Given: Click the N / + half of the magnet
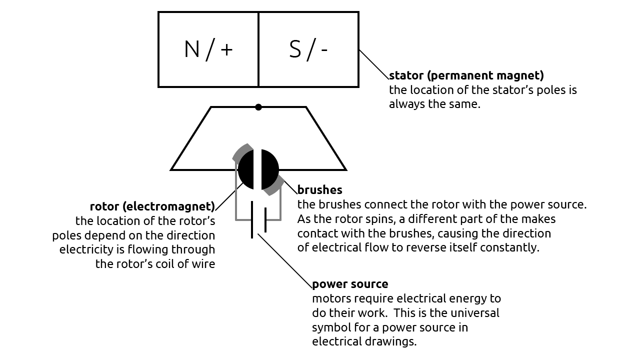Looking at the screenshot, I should (208, 49).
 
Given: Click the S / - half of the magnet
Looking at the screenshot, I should (308, 49).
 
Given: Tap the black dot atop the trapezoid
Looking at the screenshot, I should (258, 107).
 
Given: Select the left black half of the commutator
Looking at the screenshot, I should (246, 169).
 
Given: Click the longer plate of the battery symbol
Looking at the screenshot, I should (252, 220).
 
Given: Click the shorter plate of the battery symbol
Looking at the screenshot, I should (265, 220).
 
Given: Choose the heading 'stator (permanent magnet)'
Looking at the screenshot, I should (466, 76).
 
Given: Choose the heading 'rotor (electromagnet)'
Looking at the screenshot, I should (152, 206).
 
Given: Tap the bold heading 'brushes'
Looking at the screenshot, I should (319, 190).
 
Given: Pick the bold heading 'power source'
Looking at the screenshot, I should (350, 284).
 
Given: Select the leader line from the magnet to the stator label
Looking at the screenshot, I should (373, 63).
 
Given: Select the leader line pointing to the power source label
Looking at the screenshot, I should (285, 261).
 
